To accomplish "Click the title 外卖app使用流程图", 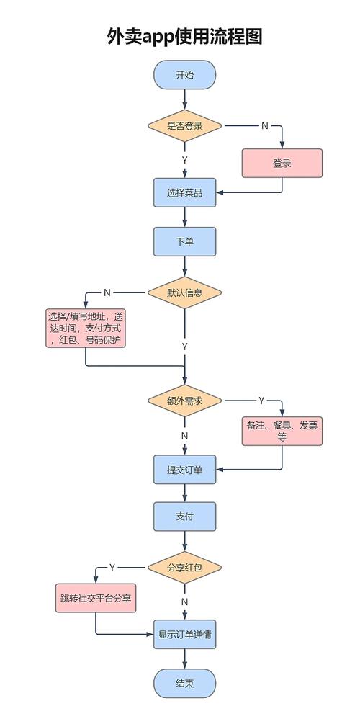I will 184,36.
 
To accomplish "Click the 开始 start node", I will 184,75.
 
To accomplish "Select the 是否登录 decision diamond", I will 184,125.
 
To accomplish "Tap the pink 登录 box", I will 282,163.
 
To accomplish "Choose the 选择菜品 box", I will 184,192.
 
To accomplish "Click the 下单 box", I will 184,242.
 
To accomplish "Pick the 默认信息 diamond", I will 184,292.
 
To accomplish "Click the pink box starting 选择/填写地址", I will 85,329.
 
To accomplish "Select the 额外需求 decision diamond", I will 184,401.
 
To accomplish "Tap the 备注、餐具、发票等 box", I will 282,431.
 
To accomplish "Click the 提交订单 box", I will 184,470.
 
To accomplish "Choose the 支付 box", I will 184,517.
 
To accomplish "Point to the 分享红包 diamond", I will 184,568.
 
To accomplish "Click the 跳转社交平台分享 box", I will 96,598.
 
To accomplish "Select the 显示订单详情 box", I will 184,635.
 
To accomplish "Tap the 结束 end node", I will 184,683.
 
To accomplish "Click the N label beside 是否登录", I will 264,125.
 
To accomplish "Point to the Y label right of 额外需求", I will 261,401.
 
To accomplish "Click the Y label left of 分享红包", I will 112,568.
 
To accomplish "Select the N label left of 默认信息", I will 107,292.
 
